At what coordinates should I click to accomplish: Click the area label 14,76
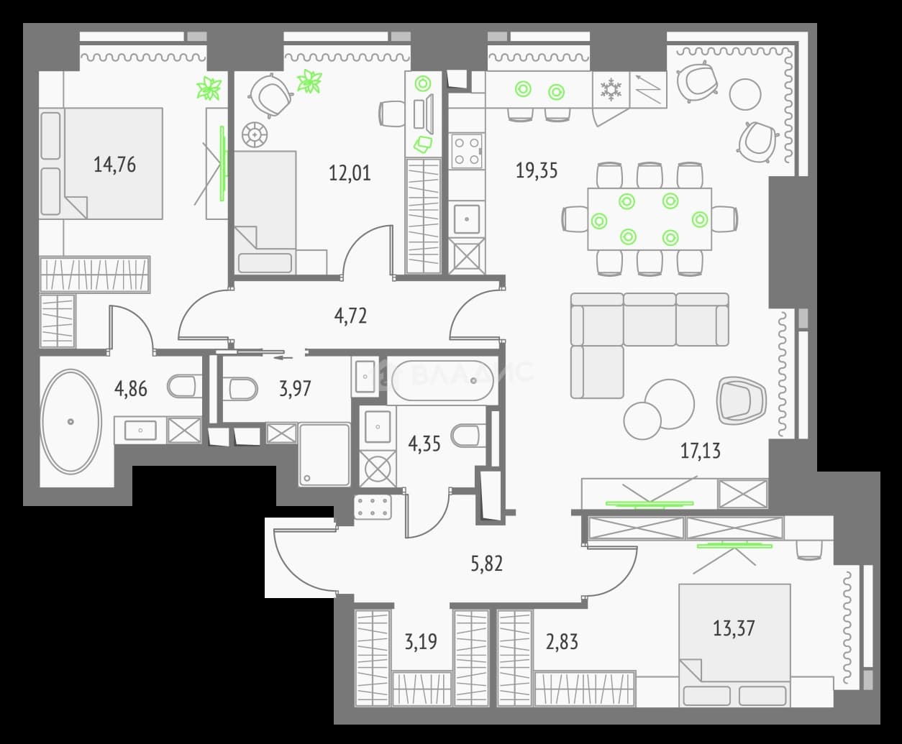[x=114, y=165]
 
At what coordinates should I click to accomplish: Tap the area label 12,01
[x=350, y=173]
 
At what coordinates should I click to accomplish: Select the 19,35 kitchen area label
[x=537, y=170]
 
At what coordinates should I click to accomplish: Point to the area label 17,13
[x=701, y=451]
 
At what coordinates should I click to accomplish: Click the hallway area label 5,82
[x=486, y=564]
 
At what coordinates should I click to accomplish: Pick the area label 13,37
[x=734, y=628]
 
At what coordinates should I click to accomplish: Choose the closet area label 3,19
[x=420, y=642]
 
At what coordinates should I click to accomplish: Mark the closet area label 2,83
[x=562, y=642]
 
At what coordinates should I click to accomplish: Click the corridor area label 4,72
[x=350, y=316]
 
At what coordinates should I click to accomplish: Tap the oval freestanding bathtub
[x=70, y=421]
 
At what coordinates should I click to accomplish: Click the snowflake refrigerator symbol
[x=611, y=89]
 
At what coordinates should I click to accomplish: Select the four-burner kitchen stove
[x=467, y=151]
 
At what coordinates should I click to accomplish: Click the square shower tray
[x=324, y=455]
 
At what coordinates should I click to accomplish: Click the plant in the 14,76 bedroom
[x=209, y=88]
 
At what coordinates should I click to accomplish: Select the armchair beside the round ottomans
[x=741, y=400]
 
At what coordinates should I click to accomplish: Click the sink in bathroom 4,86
[x=140, y=430]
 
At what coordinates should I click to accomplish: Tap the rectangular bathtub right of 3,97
[x=443, y=380]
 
